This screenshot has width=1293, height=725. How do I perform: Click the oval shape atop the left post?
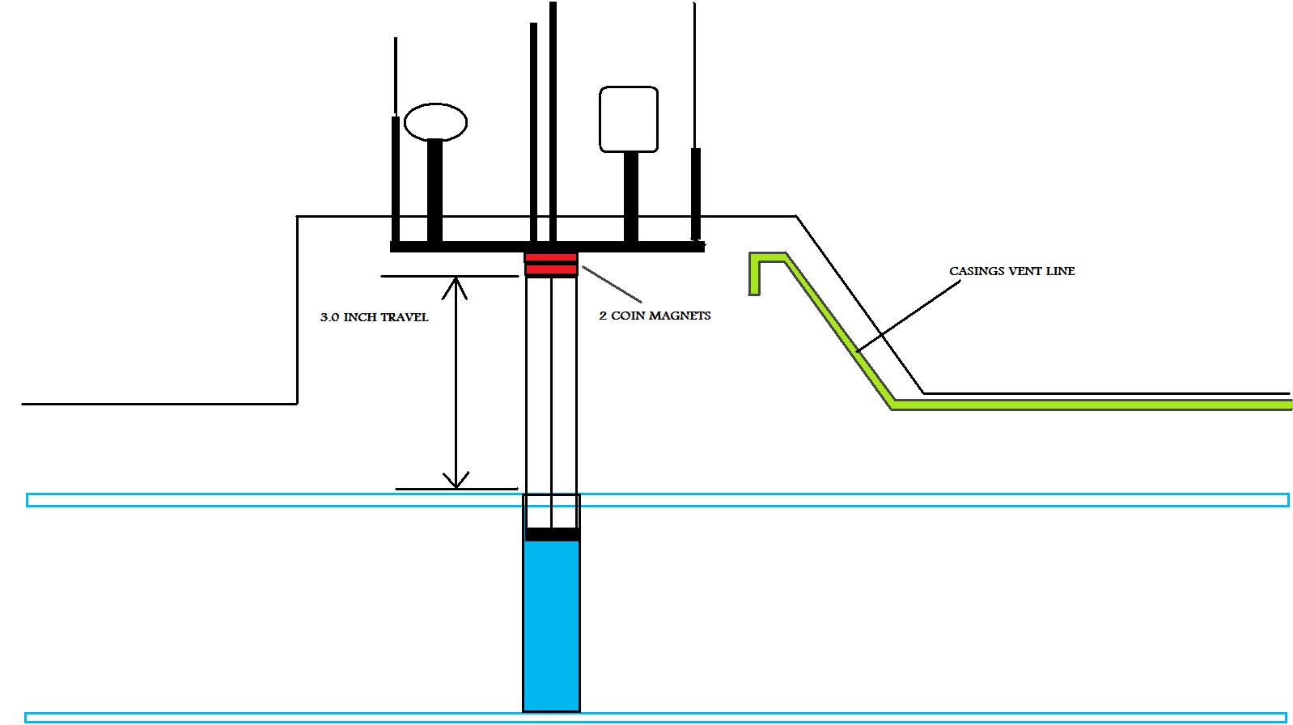[435, 122]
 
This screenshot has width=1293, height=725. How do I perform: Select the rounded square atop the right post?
[628, 120]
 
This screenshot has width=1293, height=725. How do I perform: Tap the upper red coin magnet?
[551, 258]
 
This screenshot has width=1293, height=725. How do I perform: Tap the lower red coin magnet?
[551, 270]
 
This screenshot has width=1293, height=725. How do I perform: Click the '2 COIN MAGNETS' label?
[655, 316]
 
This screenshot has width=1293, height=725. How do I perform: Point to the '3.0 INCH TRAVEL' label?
[374, 317]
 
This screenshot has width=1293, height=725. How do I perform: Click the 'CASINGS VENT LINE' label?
[1011, 271]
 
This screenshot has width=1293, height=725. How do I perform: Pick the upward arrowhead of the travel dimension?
[456, 284]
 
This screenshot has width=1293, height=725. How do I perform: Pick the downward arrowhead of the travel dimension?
[456, 481]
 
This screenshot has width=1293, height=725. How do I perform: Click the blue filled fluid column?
[551, 623]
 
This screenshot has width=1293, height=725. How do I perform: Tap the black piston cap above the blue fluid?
[552, 534]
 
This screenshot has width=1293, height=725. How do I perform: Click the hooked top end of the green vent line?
[761, 263]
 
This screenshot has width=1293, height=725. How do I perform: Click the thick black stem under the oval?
[435, 190]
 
